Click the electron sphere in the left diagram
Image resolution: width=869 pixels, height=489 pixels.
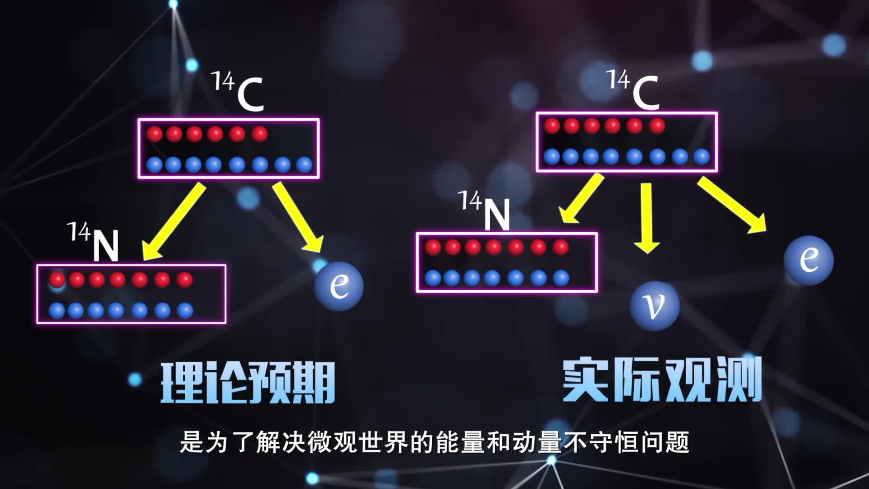click(339, 286)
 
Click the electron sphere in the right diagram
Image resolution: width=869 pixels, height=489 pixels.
click(809, 260)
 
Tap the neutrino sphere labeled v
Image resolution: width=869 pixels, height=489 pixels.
click(654, 306)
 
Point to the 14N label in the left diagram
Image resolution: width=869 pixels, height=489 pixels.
click(94, 243)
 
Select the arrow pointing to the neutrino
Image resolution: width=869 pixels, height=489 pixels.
click(647, 217)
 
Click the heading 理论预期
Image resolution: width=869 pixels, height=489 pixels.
click(248, 383)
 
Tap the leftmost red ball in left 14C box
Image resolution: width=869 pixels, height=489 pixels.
click(155, 134)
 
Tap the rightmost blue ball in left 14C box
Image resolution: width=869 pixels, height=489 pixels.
click(304, 165)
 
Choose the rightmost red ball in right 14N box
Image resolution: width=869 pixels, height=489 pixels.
click(560, 247)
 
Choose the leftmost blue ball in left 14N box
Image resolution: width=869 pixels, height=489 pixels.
click(57, 311)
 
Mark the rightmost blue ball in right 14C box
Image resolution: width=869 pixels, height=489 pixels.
click(702, 157)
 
